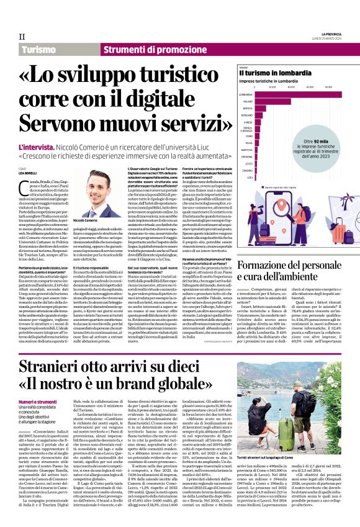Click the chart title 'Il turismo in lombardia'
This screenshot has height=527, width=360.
click(267, 73)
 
